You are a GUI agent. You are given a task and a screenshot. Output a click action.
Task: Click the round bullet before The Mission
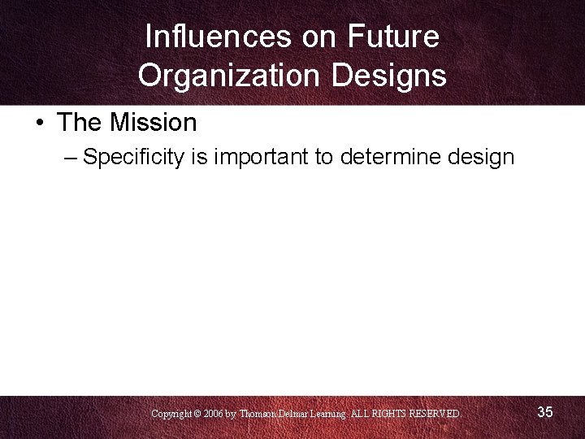[x=39, y=124]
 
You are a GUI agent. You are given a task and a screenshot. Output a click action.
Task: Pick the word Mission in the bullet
[x=154, y=123]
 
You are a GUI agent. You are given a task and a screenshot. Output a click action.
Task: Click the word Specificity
[x=134, y=157]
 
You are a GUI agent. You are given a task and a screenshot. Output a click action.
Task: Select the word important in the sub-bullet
[x=262, y=157]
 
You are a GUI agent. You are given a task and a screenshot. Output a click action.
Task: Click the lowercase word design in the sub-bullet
[x=481, y=157]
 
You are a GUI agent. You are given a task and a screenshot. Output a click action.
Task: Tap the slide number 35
[x=545, y=412]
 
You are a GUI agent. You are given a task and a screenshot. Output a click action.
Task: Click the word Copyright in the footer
[x=171, y=414]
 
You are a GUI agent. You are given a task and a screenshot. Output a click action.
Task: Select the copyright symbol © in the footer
[x=197, y=414]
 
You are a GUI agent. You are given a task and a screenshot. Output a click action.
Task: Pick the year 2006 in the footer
[x=213, y=414]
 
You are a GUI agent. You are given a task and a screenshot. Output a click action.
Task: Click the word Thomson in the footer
[x=259, y=414]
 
